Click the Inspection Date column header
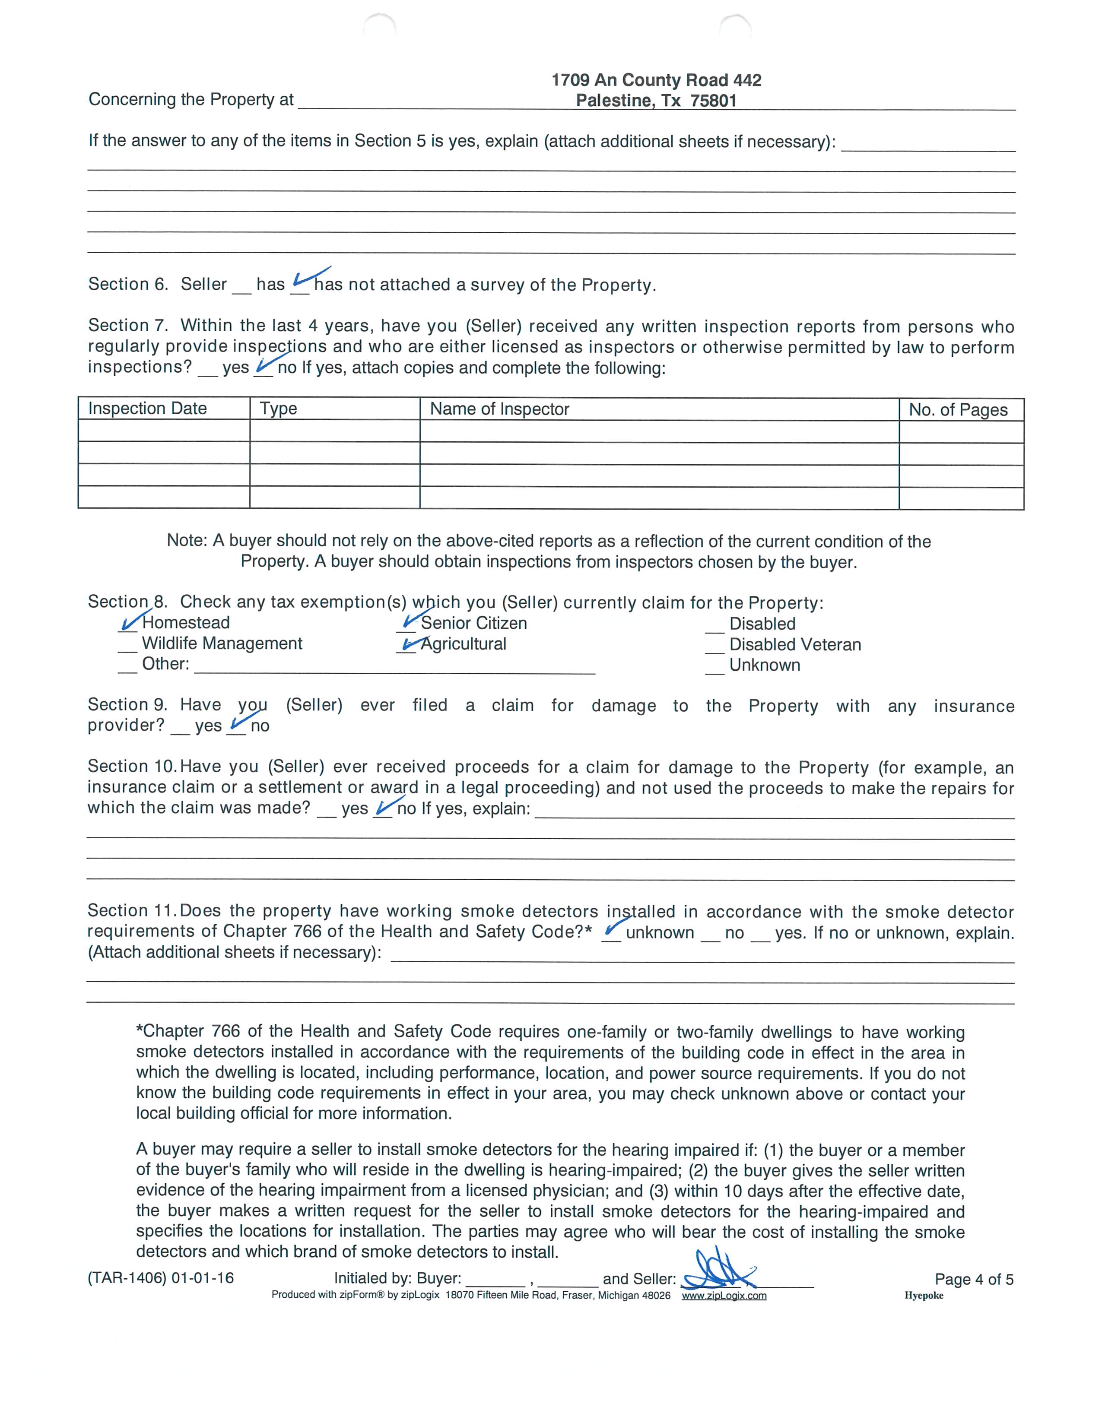[147, 409]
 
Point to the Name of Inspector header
[499, 409]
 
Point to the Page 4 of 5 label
[974, 1279]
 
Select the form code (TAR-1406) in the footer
[127, 1278]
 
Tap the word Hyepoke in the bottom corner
[924, 1295]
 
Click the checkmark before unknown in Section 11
[612, 930]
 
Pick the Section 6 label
[128, 284]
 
